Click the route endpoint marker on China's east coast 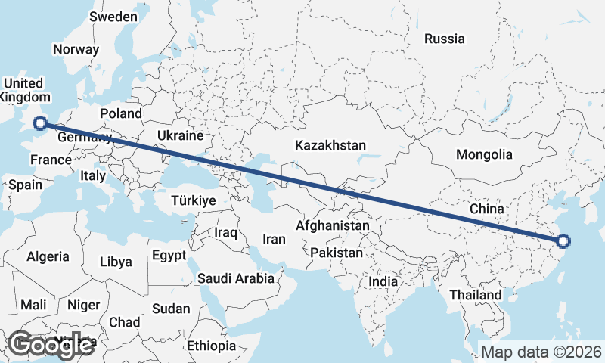pos(563,242)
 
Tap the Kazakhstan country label pos(330,145)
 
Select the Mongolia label pos(484,155)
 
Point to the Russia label pos(444,39)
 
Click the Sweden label pos(113,17)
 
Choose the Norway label pos(76,49)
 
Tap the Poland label pos(121,113)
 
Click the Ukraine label pos(180,136)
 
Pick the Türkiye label pos(194,200)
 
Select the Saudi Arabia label pos(236,278)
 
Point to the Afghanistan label pos(333,225)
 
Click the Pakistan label pos(336,253)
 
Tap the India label pos(383,281)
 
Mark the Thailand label pos(475,295)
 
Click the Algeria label pos(48,257)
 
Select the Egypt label pos(169,256)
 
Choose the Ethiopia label pos(212,346)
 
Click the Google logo pos(49,345)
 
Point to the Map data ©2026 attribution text pos(541,352)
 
